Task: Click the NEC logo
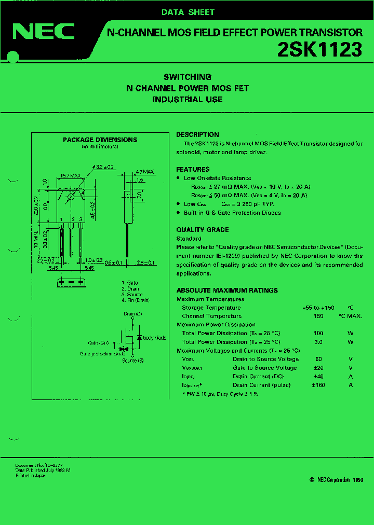(44, 32)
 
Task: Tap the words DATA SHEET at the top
(188, 12)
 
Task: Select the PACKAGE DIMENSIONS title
(100, 140)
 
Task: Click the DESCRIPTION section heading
(197, 134)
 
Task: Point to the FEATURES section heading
(193, 169)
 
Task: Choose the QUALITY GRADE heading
(202, 230)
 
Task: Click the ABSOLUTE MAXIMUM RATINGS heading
(227, 291)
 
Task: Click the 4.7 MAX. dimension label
(145, 172)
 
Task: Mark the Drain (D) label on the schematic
(133, 314)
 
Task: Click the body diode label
(154, 338)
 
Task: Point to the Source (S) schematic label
(133, 361)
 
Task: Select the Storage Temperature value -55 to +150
(318, 308)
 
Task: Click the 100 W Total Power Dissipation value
(318, 333)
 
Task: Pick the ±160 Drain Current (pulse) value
(318, 385)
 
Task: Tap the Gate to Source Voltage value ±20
(318, 368)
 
